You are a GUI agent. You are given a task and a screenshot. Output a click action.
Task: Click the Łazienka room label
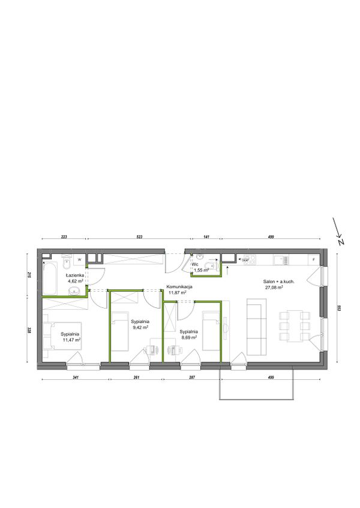click(75, 275)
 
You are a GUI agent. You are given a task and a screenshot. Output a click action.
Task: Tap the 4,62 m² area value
click(76, 281)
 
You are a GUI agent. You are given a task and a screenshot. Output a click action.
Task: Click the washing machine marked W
click(79, 259)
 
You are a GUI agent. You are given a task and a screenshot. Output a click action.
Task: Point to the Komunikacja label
click(179, 287)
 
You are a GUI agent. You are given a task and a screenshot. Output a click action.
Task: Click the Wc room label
click(195, 264)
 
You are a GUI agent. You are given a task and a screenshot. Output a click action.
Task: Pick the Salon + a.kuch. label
click(279, 282)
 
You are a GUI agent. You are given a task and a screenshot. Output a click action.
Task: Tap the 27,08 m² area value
click(274, 288)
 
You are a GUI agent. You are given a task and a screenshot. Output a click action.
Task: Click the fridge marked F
click(314, 260)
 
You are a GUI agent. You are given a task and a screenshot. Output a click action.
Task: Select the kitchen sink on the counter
click(281, 259)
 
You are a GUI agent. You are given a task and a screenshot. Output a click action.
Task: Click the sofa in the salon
click(257, 326)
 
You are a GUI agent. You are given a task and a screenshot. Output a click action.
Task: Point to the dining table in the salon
click(295, 326)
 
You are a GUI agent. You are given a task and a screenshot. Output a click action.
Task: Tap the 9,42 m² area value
click(140, 328)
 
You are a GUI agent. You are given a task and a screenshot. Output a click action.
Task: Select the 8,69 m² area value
click(189, 338)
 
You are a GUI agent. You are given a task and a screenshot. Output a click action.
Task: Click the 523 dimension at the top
click(139, 237)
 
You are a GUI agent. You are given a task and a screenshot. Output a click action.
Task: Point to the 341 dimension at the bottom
click(76, 377)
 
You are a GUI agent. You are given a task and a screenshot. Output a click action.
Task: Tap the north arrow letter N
click(341, 242)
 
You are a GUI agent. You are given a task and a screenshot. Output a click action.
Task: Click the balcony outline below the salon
click(257, 399)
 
